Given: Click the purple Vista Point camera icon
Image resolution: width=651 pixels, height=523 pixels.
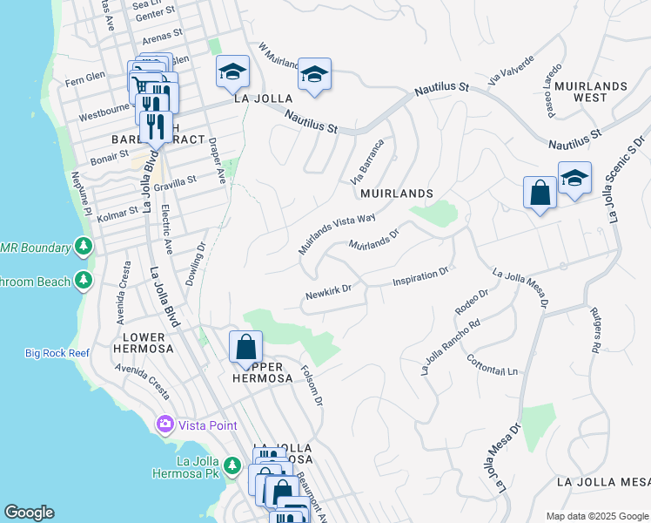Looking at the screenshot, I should click(x=164, y=424).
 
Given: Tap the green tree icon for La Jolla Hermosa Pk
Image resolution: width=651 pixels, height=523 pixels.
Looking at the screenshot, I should click(x=232, y=466).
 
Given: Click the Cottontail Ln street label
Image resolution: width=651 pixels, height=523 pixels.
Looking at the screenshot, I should click(x=492, y=365).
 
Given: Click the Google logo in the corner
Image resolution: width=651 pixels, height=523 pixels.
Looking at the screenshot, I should click(x=29, y=513).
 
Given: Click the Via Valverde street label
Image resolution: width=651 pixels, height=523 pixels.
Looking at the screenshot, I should click(x=507, y=69).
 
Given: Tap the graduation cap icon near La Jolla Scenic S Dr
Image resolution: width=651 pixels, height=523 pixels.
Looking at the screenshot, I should click(x=574, y=179).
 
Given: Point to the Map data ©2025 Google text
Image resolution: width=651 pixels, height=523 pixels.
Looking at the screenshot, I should click(x=597, y=516).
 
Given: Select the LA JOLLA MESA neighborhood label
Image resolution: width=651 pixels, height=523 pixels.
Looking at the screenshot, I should click(x=603, y=482).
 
